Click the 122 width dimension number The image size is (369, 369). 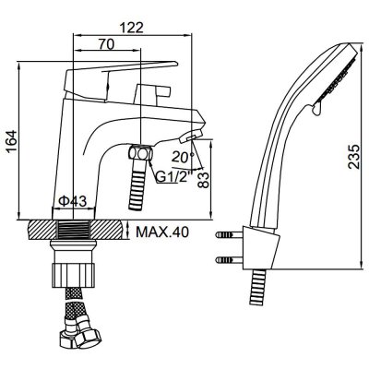pyautogui.click(x=132, y=28)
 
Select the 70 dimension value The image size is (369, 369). pyautogui.click(x=106, y=44)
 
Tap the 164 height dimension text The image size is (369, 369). pyautogui.click(x=11, y=141)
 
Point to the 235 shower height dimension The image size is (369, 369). pyautogui.click(x=354, y=157)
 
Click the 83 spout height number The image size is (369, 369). pyautogui.click(x=204, y=180)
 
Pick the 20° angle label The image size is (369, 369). pyautogui.click(x=183, y=158)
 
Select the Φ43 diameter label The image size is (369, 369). pyautogui.click(x=73, y=201)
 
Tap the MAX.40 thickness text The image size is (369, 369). pyautogui.click(x=162, y=232)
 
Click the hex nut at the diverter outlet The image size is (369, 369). pyautogui.click(x=140, y=152)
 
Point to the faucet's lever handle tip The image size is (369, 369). pyautogui.click(x=174, y=64)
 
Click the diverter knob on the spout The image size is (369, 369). pyautogui.click(x=153, y=92)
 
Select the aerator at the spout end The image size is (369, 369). pyautogui.click(x=191, y=136)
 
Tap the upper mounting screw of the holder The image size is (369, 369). pyautogui.click(x=228, y=235)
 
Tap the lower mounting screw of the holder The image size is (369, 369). pyautogui.click(x=228, y=260)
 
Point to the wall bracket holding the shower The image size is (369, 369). pyautogui.click(x=261, y=248)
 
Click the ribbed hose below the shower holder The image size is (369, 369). pyautogui.click(x=256, y=287)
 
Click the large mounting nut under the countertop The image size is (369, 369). pyautogui.click(x=73, y=270)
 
